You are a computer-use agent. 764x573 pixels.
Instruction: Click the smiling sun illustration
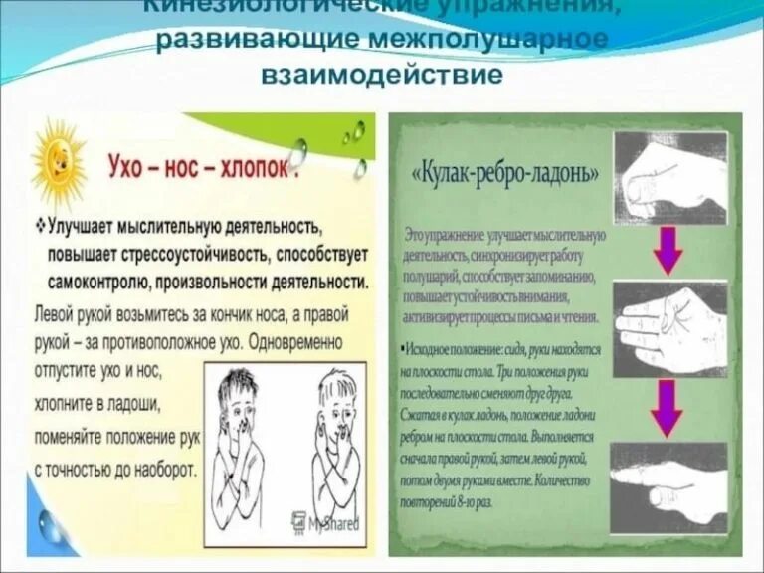(59, 158)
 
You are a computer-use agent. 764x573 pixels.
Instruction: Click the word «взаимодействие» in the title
(382, 74)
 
